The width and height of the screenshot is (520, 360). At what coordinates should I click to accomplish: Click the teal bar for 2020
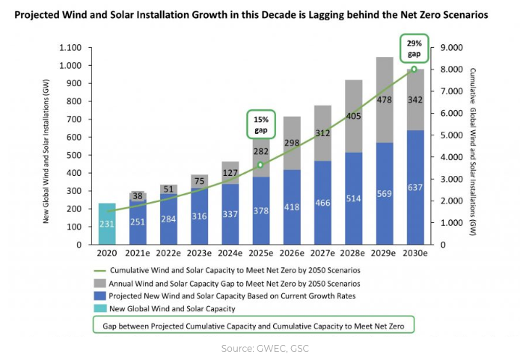point(107,224)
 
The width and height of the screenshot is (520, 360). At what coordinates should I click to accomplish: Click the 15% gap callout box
point(260,123)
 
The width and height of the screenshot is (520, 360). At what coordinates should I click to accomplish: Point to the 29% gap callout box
point(414,49)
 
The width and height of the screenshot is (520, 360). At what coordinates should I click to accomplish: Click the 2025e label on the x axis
point(260,255)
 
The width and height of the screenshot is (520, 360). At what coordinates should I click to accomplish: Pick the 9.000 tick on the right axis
point(453,48)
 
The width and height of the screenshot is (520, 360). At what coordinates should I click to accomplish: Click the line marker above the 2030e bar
point(414,70)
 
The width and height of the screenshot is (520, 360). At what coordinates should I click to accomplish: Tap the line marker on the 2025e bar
point(260,165)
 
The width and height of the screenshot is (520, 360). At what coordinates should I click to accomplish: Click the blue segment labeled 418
point(291,207)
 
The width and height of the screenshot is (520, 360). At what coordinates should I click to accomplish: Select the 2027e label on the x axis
point(322,255)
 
